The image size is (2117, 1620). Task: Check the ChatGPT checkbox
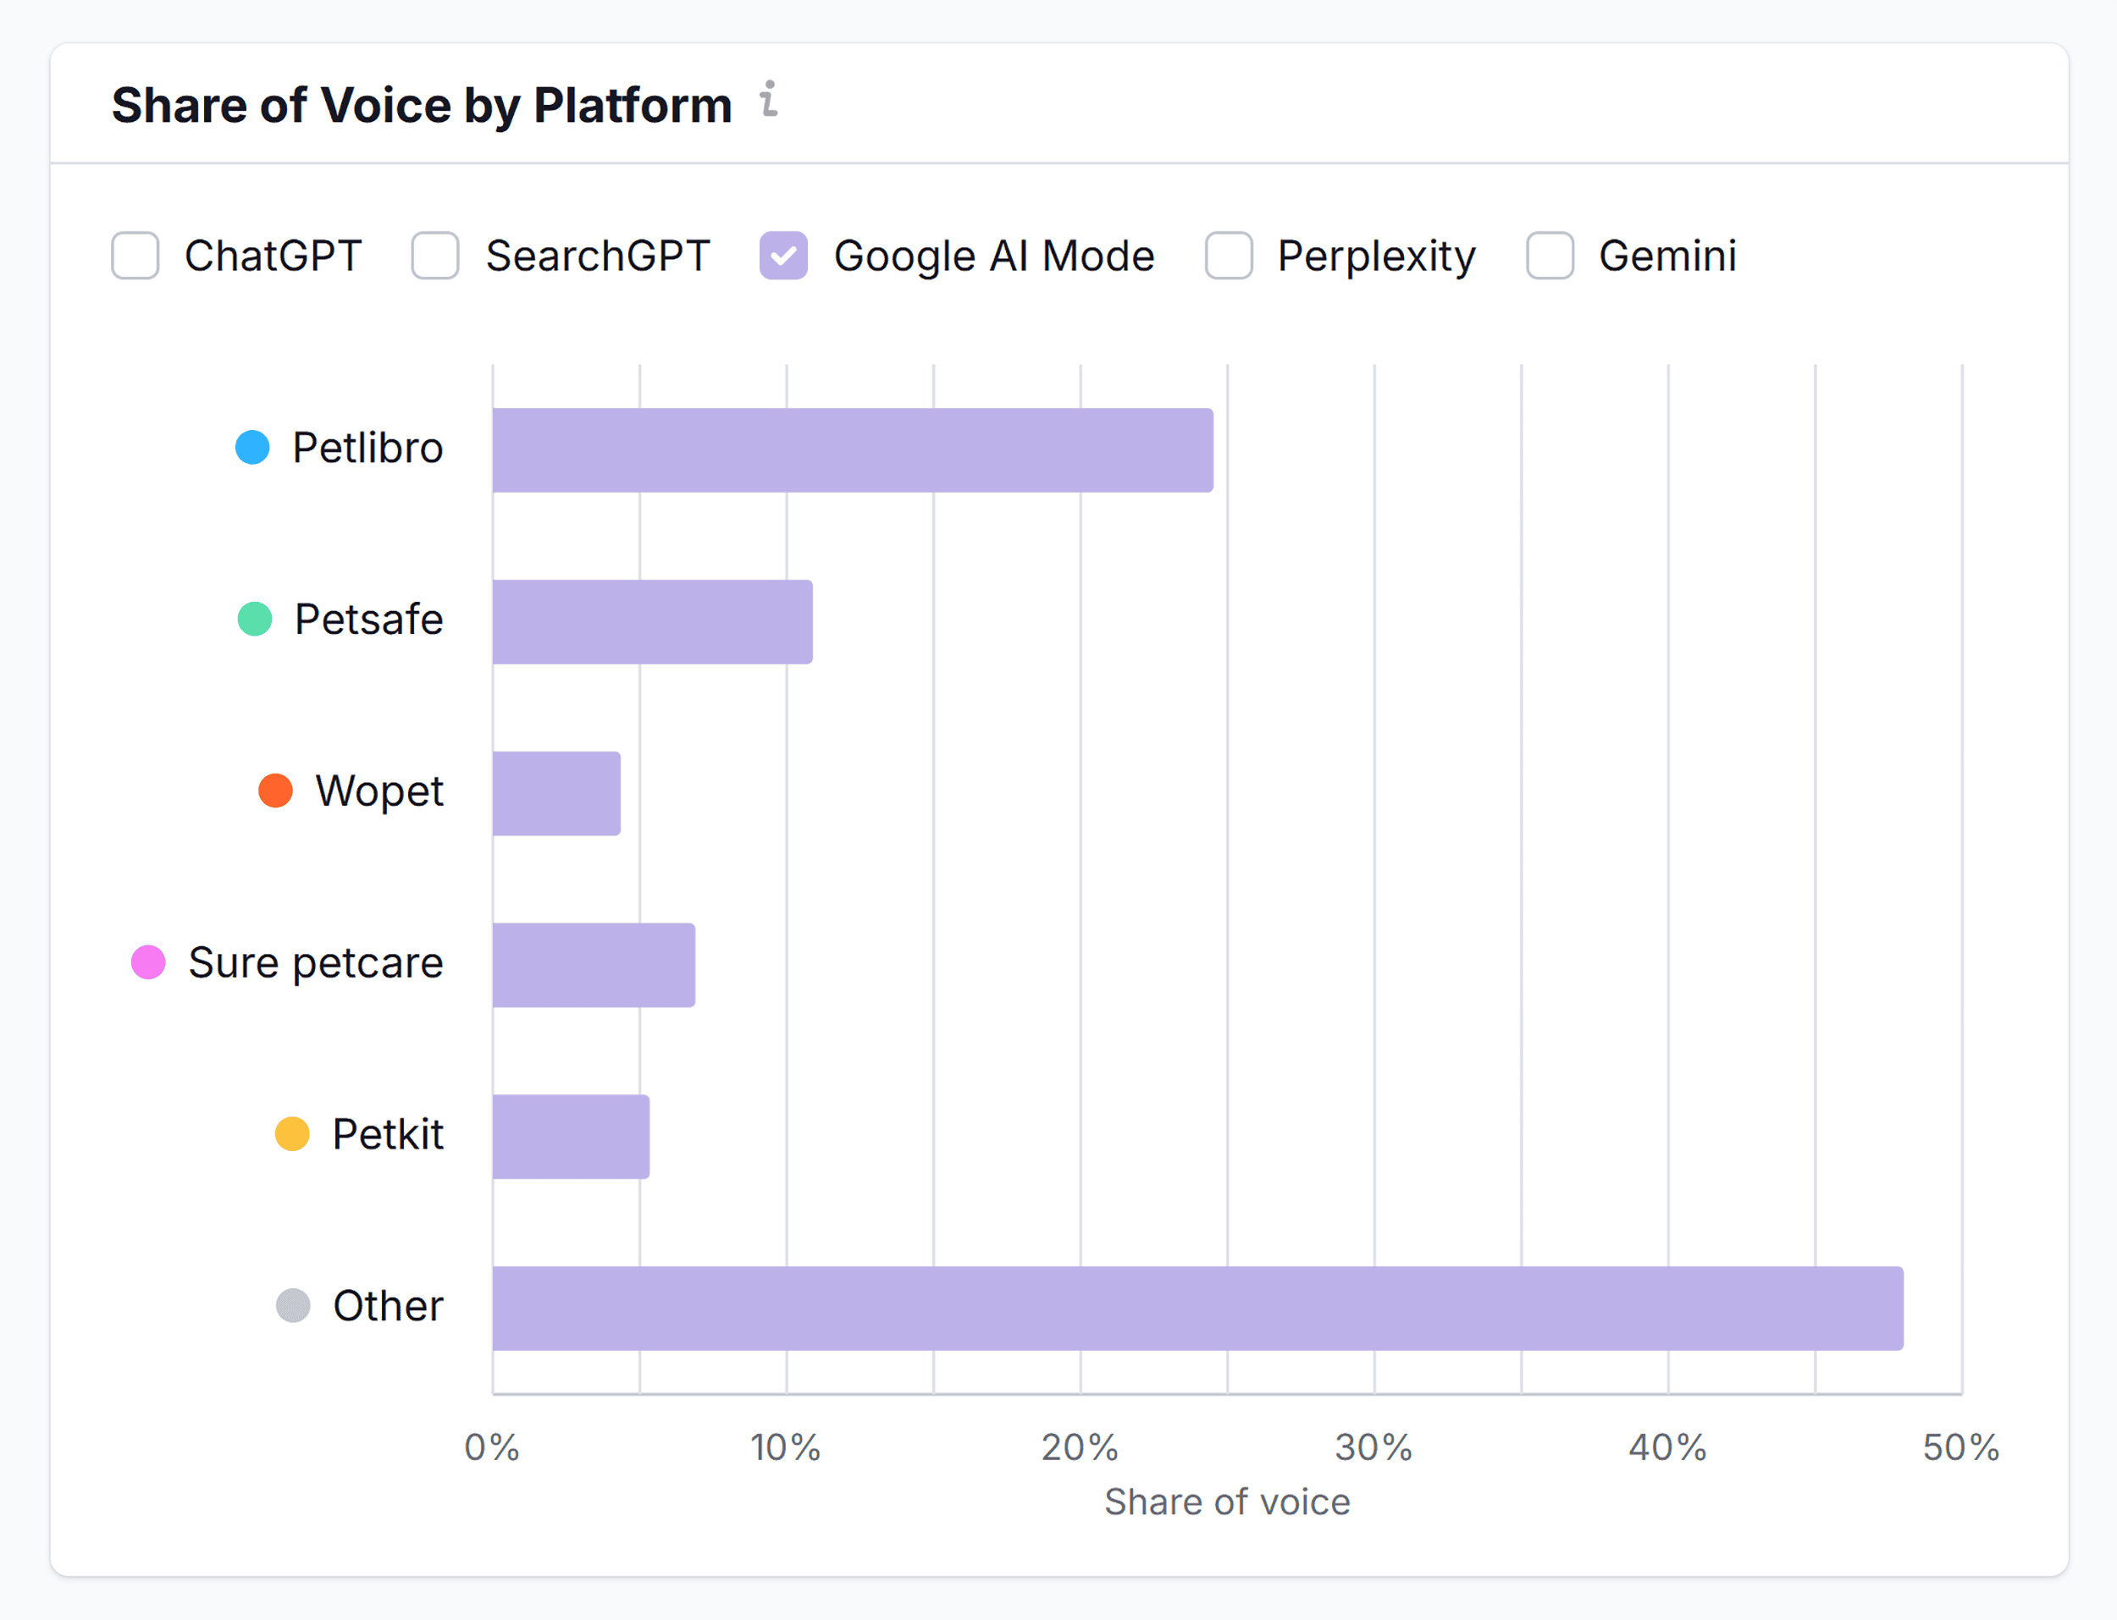pos(135,256)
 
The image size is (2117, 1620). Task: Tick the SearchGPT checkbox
pos(435,256)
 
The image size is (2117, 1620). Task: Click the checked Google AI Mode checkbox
pos(783,256)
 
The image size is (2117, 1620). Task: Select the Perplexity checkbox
pos(1229,256)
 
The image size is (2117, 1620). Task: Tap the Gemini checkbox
pos(1550,256)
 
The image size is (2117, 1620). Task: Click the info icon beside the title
pos(769,99)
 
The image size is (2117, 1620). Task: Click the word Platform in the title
pos(633,105)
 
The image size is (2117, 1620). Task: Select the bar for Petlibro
pos(853,450)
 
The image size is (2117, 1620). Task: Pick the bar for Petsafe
pos(652,622)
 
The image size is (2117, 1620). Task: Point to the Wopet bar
pos(556,794)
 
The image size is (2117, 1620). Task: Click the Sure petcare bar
pos(593,965)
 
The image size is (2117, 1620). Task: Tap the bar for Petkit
pos(571,1137)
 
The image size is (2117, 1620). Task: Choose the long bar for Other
pos(1197,1309)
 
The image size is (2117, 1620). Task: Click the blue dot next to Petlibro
pos(252,448)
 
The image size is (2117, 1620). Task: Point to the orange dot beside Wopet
pos(276,791)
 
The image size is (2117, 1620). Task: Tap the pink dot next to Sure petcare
pos(148,962)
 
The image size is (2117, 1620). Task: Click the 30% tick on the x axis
pos(1374,1447)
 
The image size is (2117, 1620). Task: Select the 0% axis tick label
pos(492,1447)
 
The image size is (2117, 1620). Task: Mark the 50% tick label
pos(1959,1447)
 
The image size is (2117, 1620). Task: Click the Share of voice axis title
pos(1227,1502)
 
